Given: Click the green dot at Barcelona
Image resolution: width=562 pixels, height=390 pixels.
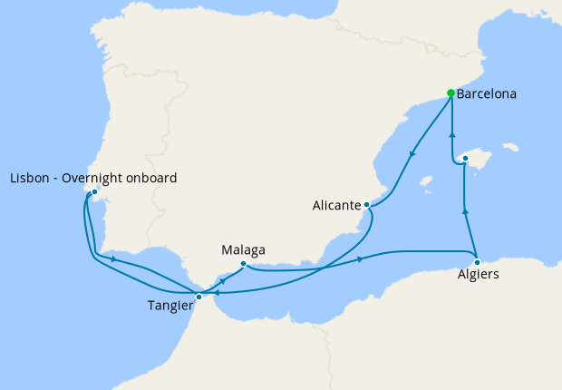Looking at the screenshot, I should pyautogui.click(x=451, y=93).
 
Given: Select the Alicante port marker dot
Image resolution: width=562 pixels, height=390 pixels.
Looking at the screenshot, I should pyautogui.click(x=366, y=205).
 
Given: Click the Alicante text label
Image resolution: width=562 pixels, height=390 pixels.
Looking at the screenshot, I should pyautogui.click(x=334, y=206).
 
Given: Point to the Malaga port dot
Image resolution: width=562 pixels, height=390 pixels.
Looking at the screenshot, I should pyautogui.click(x=243, y=264).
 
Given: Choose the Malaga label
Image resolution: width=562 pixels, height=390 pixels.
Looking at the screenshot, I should pyautogui.click(x=243, y=249).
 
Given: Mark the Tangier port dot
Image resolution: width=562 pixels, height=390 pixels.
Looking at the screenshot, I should pyautogui.click(x=199, y=297).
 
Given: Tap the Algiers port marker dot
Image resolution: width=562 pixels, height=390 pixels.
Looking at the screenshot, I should pyautogui.click(x=477, y=262).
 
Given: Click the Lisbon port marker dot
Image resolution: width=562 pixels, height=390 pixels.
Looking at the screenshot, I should pyautogui.click(x=94, y=192).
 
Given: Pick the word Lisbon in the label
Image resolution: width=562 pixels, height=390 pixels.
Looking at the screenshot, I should pyautogui.click(x=29, y=178).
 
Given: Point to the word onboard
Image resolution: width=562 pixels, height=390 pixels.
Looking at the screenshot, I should pyautogui.click(x=150, y=178).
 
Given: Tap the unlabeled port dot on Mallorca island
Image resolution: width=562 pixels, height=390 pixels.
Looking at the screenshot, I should pyautogui.click(x=464, y=159).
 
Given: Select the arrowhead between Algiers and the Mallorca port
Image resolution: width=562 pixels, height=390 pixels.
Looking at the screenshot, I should pyautogui.click(x=465, y=211).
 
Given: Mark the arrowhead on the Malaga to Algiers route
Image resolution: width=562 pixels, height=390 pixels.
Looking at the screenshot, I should pyautogui.click(x=361, y=260).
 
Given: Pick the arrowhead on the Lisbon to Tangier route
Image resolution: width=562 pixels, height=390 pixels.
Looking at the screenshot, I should pyautogui.click(x=113, y=259).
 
